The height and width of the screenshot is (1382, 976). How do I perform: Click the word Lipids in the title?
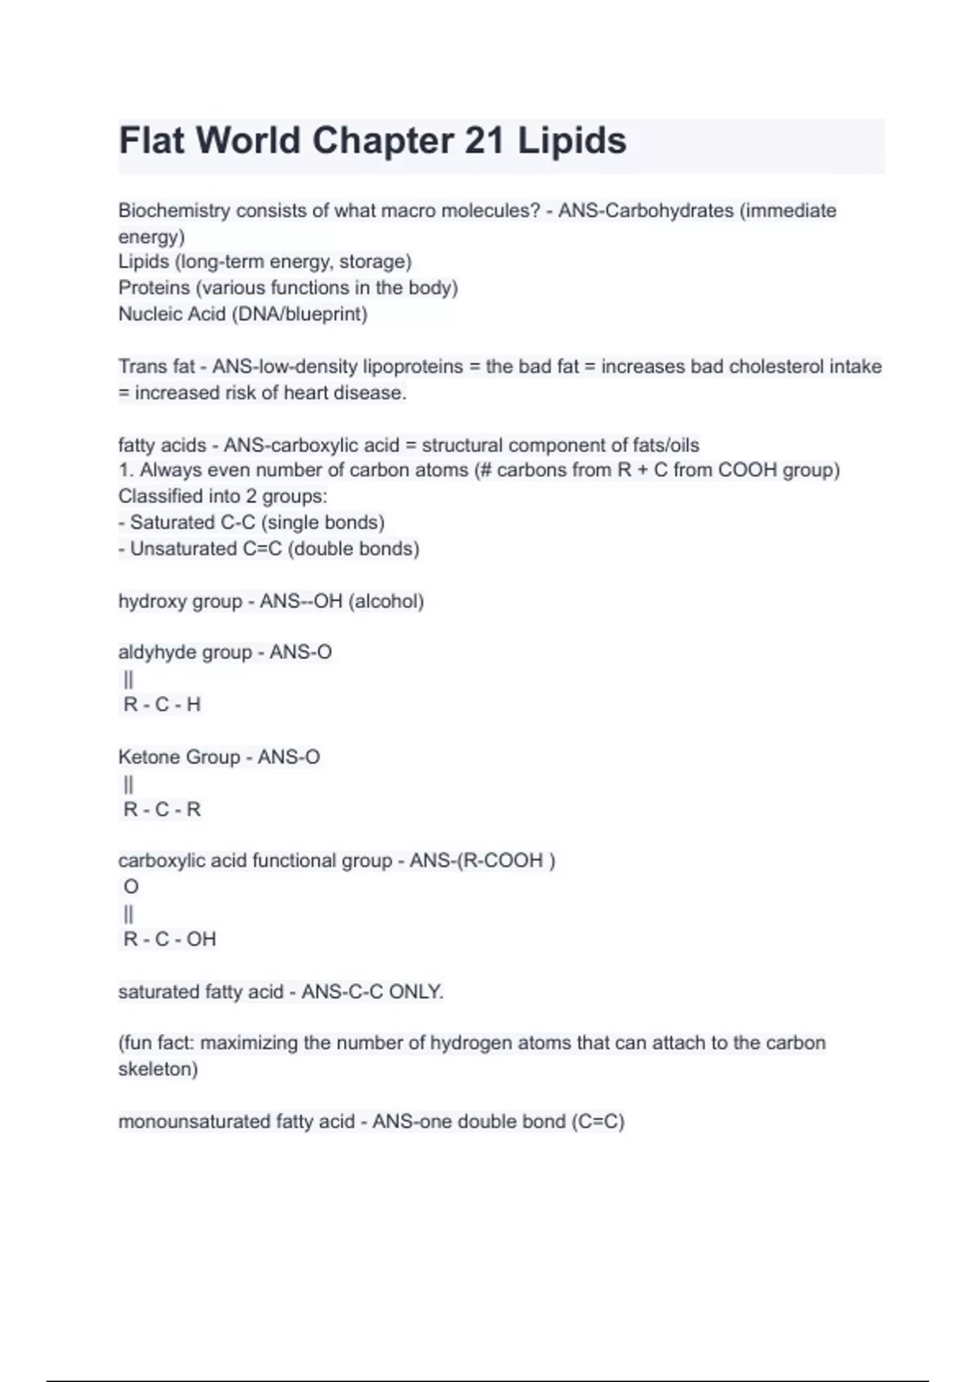[x=572, y=141]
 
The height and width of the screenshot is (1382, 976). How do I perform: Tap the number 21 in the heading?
[x=484, y=141]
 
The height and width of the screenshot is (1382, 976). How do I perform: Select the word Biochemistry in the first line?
[x=174, y=211]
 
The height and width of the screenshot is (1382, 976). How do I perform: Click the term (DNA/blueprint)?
[x=299, y=314]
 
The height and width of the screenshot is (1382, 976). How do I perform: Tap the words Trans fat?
[x=156, y=367]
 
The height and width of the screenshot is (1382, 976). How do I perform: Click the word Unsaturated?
[x=183, y=549]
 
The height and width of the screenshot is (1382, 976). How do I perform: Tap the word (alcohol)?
[x=386, y=602]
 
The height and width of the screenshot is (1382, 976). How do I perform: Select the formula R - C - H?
[x=162, y=705]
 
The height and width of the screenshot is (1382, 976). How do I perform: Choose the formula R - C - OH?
[x=169, y=939]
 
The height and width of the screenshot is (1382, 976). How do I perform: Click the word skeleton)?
[x=158, y=1069]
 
